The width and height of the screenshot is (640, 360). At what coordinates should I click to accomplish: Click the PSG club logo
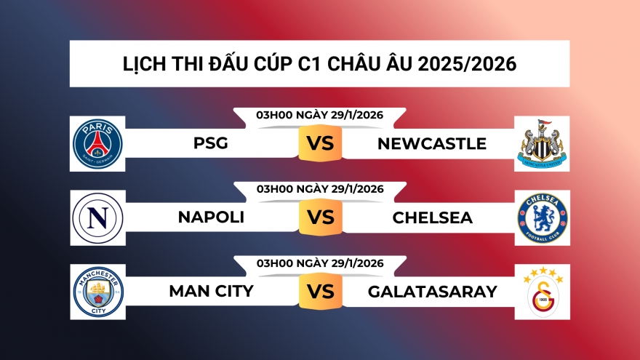tap(98, 143)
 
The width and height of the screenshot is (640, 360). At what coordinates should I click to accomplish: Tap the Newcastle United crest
tap(542, 143)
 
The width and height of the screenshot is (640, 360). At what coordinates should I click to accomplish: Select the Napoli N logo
tap(98, 218)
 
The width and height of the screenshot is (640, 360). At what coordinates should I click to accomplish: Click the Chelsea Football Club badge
tap(542, 218)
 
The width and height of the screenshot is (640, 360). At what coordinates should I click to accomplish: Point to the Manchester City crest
tap(98, 292)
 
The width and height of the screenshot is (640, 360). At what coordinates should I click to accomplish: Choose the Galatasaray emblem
tap(542, 292)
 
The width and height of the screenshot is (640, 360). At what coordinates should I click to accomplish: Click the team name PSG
tap(211, 144)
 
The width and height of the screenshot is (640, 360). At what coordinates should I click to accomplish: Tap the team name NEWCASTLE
tap(432, 144)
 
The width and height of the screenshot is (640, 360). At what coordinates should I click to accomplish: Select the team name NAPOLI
tap(211, 217)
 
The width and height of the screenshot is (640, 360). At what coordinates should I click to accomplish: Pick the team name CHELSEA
tap(433, 217)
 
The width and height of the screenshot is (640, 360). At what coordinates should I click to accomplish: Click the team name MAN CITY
tap(211, 292)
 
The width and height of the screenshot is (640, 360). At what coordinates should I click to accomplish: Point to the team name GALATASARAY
tap(433, 292)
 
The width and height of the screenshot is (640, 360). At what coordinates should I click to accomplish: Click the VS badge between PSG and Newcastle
tap(320, 143)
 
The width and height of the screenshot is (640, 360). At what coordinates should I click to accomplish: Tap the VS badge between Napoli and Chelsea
tap(320, 217)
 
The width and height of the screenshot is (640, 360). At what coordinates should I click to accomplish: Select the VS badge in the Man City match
tap(320, 292)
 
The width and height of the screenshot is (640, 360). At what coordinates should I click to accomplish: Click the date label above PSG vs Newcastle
tap(320, 115)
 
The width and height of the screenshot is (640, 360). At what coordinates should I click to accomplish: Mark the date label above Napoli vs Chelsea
tap(320, 189)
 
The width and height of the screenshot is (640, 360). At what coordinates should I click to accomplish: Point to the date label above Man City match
tap(320, 263)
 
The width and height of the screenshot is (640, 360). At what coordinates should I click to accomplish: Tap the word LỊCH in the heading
tap(144, 64)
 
